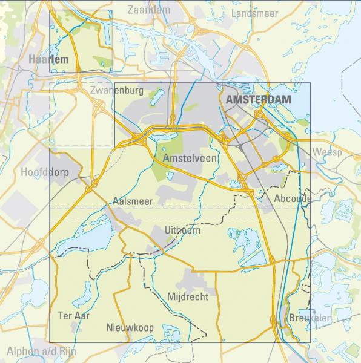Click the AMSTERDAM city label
coord(258,100)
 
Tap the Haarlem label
coord(48,59)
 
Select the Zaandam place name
coord(149,10)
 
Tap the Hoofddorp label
coord(45,172)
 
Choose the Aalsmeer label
coord(134,201)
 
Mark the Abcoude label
coord(293,198)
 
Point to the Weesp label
coord(327,152)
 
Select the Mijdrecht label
coord(188,296)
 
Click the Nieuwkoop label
coord(130,327)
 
